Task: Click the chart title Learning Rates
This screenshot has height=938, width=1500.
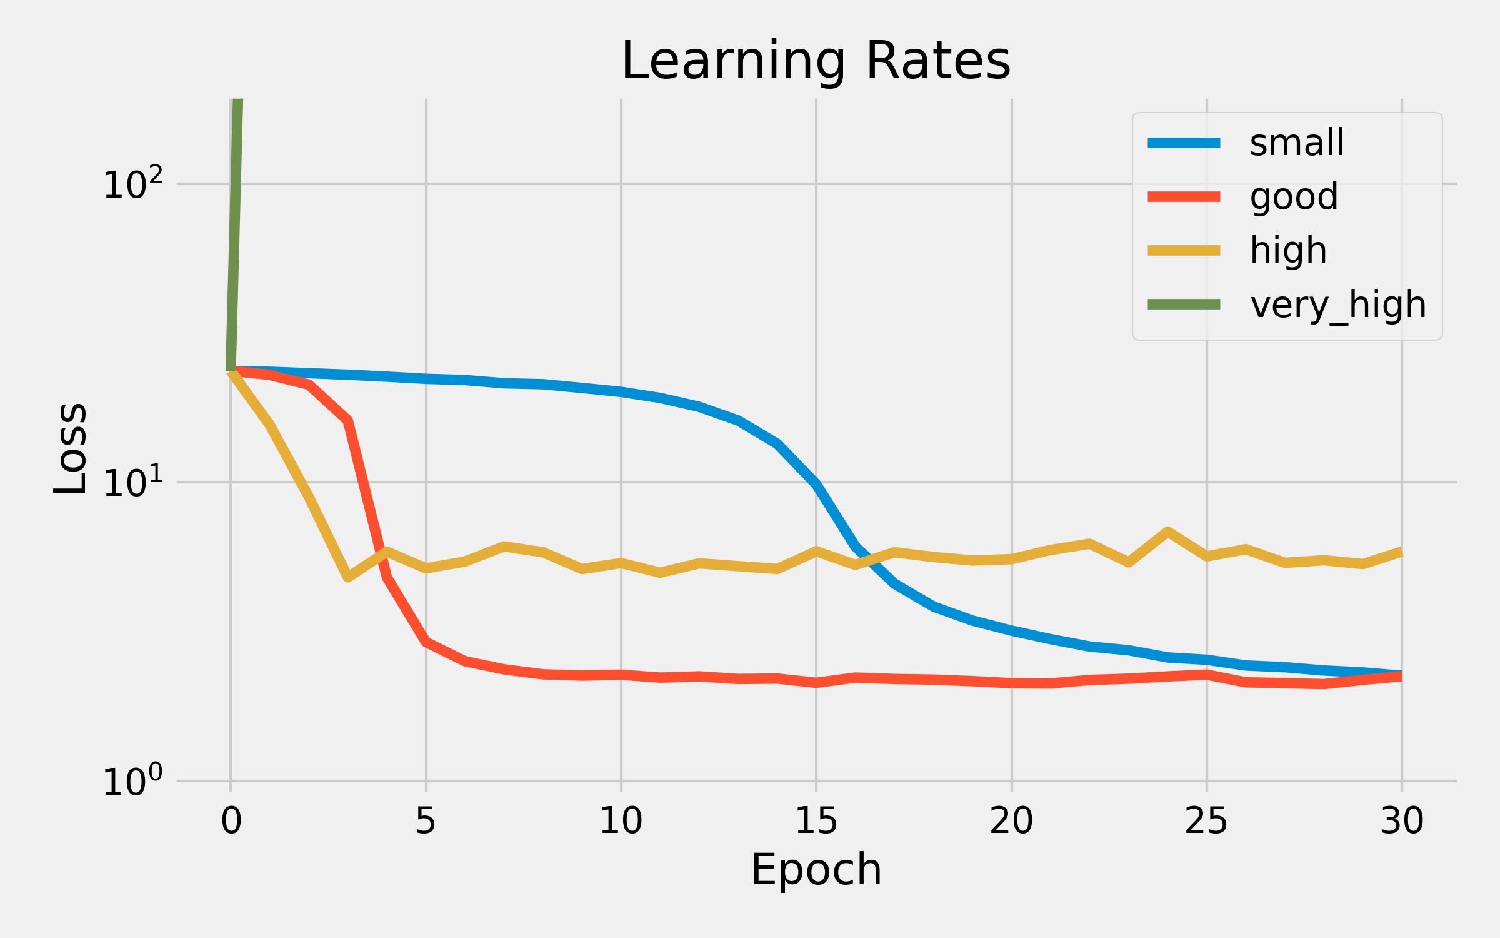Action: [816, 61]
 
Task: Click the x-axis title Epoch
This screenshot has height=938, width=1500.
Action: [816, 870]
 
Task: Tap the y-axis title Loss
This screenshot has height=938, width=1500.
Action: [70, 448]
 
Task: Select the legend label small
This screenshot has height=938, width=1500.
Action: [1297, 143]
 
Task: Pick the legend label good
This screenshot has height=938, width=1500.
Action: [1294, 197]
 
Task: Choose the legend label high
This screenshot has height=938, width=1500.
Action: [1288, 251]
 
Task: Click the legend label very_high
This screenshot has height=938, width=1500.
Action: [1338, 305]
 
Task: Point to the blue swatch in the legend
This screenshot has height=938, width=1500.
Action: [1184, 143]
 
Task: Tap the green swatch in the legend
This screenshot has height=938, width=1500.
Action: [1184, 305]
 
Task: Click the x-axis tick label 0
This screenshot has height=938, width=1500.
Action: [231, 821]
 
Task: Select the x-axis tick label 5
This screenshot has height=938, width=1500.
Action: [426, 821]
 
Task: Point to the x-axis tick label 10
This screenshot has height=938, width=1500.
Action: [621, 821]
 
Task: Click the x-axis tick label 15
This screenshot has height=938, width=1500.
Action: [816, 821]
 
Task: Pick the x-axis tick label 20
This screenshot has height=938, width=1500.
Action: [1011, 821]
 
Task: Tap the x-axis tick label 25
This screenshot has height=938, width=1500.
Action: [1206, 821]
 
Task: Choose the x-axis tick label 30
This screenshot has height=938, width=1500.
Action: [1402, 821]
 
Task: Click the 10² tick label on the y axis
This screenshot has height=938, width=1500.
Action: [132, 184]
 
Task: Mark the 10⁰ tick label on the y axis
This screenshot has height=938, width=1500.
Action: [132, 782]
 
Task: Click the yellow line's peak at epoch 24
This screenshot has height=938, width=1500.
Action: [1167, 532]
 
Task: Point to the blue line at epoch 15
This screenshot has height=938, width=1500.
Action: [816, 485]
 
